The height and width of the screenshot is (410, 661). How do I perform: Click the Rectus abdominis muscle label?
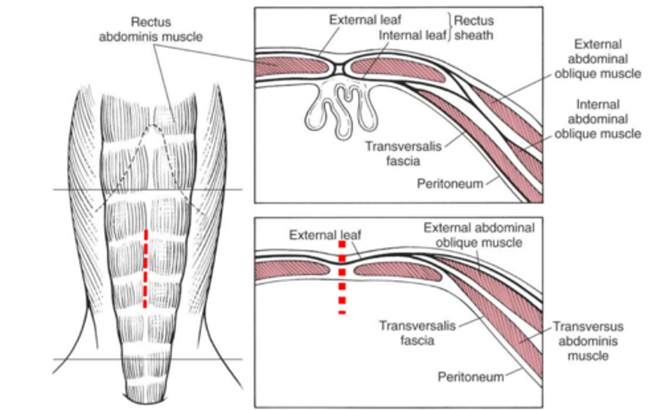coord(151,29)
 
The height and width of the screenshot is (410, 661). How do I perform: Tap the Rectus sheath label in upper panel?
coord(474,28)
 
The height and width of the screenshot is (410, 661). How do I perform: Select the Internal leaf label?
coord(412,35)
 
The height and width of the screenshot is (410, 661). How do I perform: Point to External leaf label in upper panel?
coord(365,20)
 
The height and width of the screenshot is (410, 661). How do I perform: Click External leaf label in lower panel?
coord(325,235)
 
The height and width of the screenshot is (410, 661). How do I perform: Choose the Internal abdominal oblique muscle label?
coord(597,119)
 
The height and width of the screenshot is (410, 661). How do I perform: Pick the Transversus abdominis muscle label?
coord(588,341)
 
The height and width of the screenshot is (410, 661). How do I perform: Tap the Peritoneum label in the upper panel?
coord(450,184)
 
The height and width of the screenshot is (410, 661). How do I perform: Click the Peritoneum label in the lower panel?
coord(471,377)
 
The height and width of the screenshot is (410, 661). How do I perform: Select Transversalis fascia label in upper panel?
coord(403,154)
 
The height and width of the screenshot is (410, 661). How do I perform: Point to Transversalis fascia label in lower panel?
coord(417,333)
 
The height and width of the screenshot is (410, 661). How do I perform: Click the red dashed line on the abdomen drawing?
coord(146,268)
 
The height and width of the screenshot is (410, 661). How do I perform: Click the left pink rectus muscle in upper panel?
coord(291,66)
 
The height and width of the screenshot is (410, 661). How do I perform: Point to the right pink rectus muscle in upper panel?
coord(397,69)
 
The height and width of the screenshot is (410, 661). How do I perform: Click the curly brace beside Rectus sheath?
coord(449,27)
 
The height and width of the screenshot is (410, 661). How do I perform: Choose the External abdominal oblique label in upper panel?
coord(597,59)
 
